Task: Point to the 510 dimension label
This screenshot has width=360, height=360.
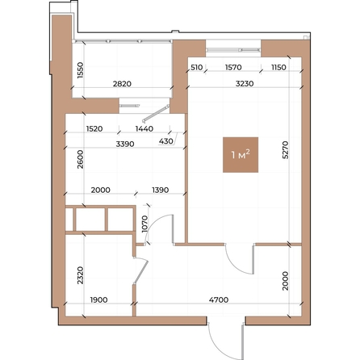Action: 195,68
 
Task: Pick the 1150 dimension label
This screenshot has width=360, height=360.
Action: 279,68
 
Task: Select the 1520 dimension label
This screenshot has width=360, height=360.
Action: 94,128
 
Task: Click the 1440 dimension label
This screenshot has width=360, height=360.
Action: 144,128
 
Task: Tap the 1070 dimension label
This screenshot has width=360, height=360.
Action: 145,224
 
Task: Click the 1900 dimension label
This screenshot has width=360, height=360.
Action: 100,300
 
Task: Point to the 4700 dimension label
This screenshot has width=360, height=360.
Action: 218,300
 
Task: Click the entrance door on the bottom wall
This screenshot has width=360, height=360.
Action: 226,334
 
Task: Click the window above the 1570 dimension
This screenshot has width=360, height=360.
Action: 232,49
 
